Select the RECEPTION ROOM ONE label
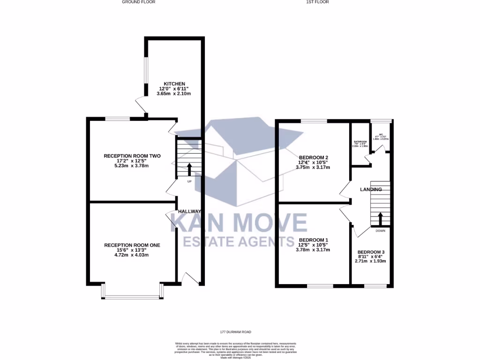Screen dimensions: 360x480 132,245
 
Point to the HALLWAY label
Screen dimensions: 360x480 189,211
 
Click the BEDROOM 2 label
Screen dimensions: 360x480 313,157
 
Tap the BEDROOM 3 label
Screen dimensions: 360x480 371,253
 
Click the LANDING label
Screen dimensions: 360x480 371,189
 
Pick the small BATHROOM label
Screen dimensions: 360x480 360,142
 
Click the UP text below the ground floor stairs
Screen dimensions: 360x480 189,181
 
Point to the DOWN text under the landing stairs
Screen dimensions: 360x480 380,231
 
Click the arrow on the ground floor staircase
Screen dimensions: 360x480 189,169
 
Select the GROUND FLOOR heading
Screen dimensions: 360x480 138,2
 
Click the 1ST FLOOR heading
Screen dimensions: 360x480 317,2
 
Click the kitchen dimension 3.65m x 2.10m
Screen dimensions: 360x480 174,94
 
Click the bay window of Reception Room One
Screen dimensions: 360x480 132,296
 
